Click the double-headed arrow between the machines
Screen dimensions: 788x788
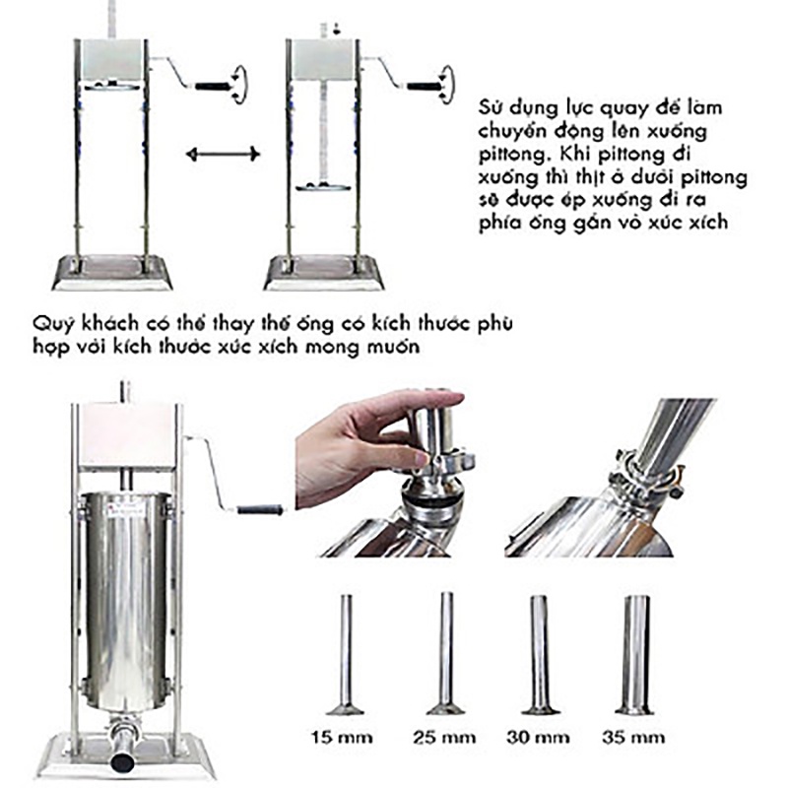click(223, 153)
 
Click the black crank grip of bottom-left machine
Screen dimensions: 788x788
click(259, 509)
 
